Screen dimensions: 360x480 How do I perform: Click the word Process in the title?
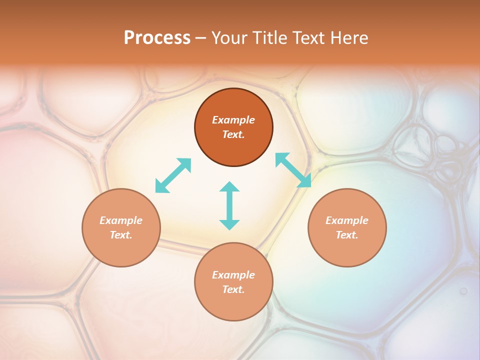pos(157,38)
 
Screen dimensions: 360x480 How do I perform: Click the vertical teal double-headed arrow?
pos(229,205)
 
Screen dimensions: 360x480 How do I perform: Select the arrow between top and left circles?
pos(173,175)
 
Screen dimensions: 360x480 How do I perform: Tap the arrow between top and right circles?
pos(293,170)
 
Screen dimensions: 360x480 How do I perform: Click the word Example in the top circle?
pos(233,120)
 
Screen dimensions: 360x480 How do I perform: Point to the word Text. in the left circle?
pos(121,235)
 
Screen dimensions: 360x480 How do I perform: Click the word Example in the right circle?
pos(347,220)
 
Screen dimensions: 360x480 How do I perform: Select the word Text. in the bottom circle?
pos(233,289)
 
